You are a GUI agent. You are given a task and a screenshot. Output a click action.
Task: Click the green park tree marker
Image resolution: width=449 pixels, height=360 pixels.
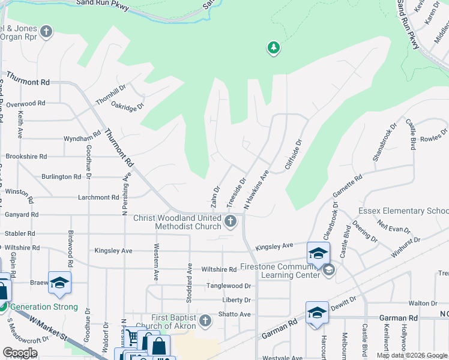point(274,47)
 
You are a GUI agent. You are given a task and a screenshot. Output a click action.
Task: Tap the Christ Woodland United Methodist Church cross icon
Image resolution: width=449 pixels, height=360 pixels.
point(230,222)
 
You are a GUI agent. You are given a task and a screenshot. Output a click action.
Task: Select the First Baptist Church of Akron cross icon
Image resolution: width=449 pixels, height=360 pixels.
point(205,320)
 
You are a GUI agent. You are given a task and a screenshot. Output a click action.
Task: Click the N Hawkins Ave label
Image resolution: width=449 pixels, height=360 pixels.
point(256,189)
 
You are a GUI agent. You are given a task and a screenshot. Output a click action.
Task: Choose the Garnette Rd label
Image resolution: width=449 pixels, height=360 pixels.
point(348,185)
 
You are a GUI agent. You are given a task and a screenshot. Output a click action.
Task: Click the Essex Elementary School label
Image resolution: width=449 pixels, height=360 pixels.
point(403,211)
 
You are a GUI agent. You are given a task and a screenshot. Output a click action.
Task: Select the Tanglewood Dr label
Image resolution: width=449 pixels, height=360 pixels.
point(229,286)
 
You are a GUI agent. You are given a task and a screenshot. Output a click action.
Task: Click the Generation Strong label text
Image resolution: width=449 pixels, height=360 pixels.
point(44,307)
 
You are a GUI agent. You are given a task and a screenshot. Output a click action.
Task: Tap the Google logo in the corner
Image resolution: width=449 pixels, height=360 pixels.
point(20,353)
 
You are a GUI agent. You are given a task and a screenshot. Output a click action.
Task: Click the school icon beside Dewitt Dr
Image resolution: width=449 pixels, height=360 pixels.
point(316,313)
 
